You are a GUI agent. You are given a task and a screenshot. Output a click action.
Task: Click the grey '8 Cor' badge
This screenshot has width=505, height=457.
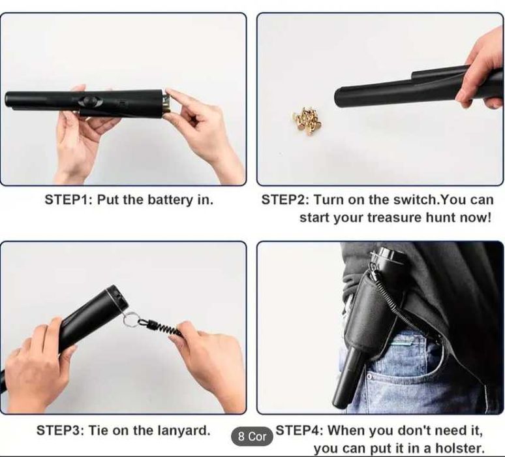252,437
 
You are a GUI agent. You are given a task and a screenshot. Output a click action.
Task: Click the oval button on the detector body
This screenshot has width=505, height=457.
90,101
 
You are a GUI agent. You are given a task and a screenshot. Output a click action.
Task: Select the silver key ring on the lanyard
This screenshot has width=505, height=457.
129,318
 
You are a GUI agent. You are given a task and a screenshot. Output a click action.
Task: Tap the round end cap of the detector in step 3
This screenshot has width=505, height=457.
117,296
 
